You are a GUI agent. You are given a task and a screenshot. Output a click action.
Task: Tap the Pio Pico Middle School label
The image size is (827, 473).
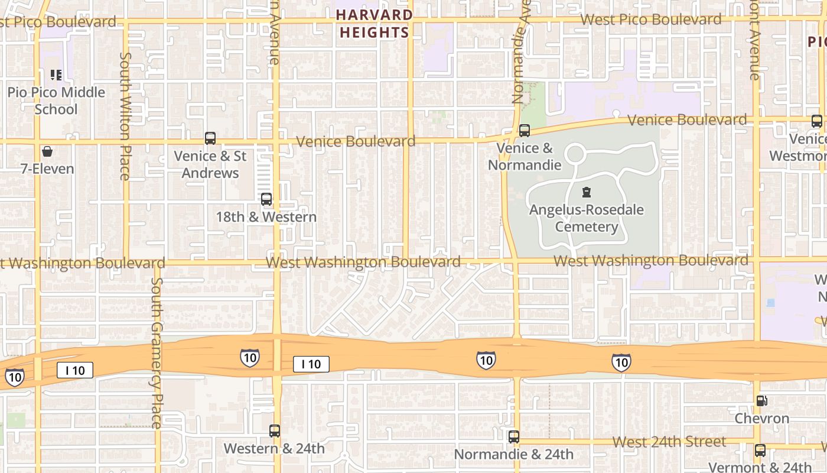[56, 101]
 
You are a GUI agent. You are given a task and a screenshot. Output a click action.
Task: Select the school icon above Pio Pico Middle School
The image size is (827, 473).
[56, 74]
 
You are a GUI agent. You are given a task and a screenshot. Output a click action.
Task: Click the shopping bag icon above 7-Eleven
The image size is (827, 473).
[47, 151]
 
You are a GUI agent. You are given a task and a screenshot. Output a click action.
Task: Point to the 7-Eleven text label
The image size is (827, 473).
[47, 169]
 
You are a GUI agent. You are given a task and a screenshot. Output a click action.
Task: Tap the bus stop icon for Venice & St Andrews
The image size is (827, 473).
[210, 138]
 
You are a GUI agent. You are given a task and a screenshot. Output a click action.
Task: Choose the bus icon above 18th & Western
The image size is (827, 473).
[266, 199]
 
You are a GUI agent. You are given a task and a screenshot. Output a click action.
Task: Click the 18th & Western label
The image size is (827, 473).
[266, 217]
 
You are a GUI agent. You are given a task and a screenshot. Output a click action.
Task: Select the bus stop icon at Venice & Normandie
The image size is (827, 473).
[525, 131]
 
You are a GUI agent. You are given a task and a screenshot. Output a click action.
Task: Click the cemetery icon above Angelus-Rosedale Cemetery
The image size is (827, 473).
[587, 192]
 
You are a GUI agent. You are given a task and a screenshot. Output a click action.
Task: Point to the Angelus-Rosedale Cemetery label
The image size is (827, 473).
[587, 218]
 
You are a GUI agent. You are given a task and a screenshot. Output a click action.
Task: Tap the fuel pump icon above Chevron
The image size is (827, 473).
[762, 401]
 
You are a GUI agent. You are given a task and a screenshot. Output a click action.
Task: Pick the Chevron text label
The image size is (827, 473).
[762, 419]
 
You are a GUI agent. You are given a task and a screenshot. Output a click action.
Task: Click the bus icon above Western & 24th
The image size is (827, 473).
[274, 431]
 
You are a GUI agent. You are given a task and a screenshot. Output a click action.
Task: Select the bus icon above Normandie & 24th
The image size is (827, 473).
[514, 437]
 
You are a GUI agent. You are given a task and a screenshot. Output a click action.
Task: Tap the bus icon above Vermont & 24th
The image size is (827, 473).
[760, 451]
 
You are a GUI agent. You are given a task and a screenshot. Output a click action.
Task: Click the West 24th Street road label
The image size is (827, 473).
[669, 442]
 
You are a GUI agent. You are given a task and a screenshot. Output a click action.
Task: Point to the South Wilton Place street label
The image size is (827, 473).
[125, 115]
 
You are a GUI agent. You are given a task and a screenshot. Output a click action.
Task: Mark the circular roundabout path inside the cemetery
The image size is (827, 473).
[574, 155]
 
